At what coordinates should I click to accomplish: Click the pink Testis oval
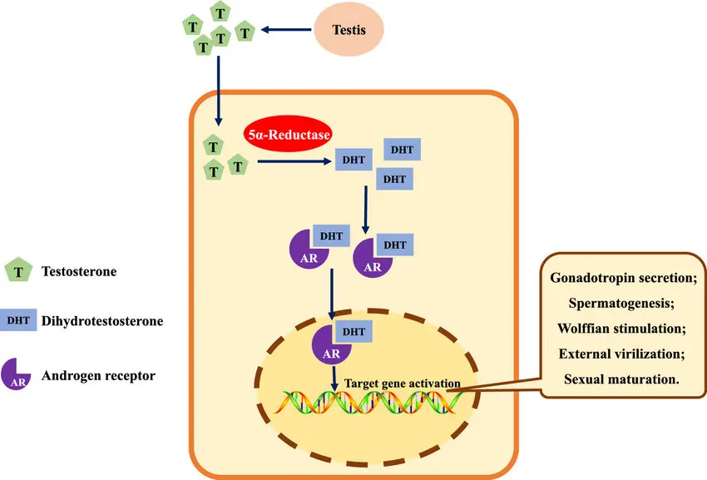349,29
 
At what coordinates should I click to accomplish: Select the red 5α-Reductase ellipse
288,134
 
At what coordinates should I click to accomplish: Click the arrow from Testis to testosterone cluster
286,30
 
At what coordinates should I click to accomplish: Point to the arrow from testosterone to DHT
294,161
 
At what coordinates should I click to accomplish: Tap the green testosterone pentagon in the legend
18,270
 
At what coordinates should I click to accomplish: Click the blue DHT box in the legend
18,320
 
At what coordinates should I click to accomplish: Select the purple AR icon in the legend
16,374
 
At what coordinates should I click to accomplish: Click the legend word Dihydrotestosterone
102,321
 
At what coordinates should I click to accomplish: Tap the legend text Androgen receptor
98,376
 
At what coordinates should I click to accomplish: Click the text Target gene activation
403,384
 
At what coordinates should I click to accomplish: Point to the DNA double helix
368,402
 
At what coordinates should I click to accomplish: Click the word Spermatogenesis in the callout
621,303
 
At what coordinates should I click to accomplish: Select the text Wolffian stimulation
621,329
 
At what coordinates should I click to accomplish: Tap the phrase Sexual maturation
621,379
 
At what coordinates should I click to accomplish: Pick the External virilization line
622,354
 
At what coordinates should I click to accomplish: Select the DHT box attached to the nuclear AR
353,332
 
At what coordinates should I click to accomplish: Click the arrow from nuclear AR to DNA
334,379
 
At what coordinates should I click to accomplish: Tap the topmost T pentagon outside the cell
220,12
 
